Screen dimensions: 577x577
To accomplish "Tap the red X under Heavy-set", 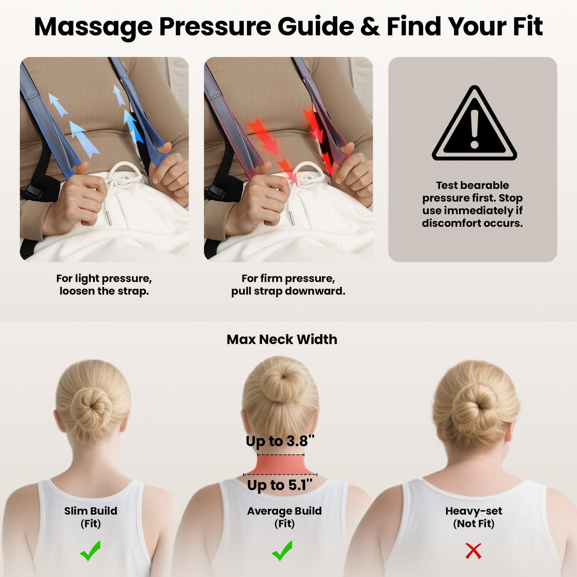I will (x=473, y=551).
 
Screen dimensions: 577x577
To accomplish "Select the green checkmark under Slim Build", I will (x=90, y=551).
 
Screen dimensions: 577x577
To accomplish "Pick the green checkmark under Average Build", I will (x=282, y=551).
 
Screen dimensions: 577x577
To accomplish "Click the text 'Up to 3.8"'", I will (x=280, y=441).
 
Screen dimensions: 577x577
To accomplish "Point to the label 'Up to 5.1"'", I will (x=280, y=485).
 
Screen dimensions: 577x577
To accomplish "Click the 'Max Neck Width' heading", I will (x=282, y=339).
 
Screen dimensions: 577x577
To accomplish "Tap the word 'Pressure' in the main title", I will (x=216, y=27).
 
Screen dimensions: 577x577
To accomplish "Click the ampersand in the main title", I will (x=370, y=27).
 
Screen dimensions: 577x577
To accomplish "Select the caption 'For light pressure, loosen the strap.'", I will (x=104, y=284).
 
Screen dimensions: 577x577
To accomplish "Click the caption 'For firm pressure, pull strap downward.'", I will (x=288, y=284).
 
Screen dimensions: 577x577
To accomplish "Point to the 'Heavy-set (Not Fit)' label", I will (x=474, y=517).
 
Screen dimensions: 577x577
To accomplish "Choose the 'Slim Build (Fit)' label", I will (x=91, y=517).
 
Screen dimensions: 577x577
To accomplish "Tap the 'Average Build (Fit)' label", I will (x=284, y=517).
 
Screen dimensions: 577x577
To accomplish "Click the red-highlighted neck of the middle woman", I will (x=280, y=465).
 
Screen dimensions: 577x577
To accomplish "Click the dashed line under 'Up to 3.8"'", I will (x=280, y=455).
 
